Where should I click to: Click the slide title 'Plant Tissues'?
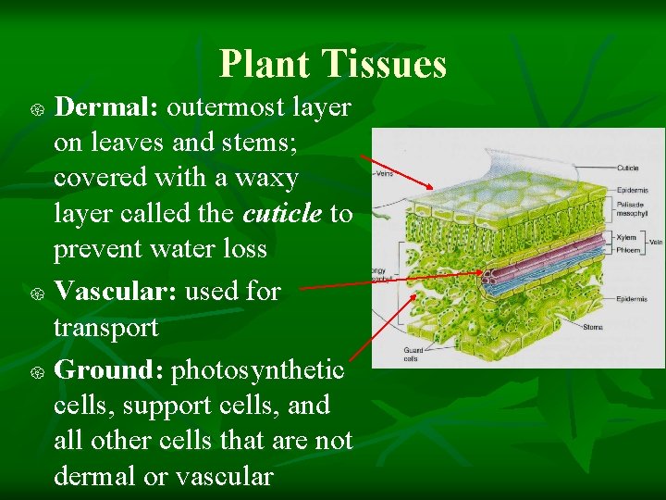point(333,64)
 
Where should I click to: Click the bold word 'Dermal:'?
point(108,107)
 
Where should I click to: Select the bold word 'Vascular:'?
point(116,291)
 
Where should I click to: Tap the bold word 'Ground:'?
point(109,370)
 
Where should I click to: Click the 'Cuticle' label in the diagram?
point(627,169)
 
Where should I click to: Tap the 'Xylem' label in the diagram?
point(626,238)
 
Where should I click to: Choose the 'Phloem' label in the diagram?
point(628,248)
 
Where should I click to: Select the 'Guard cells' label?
point(413,354)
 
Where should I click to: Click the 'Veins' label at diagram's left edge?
point(387,174)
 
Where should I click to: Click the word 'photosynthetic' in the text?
point(258,370)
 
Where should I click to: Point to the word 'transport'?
point(105,328)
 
